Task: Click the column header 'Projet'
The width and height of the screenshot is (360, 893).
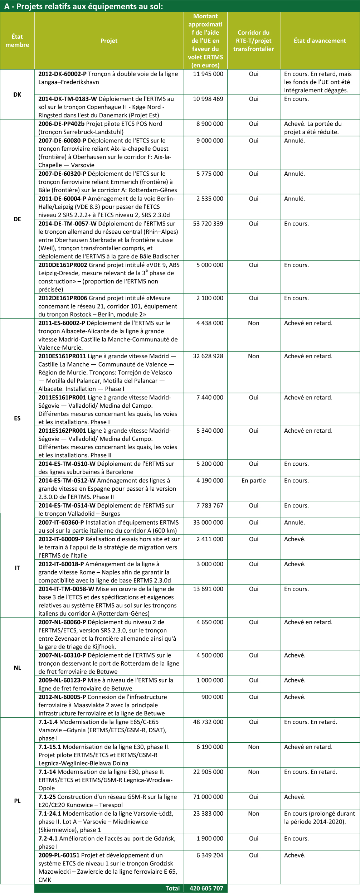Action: [x=109, y=41]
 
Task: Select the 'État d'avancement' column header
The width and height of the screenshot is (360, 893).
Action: [x=320, y=41]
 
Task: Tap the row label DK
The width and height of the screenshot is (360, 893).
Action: [x=17, y=94]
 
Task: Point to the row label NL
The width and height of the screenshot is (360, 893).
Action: [x=17, y=668]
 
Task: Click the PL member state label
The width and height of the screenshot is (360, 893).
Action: [x=17, y=801]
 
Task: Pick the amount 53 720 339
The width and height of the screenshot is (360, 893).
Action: [x=208, y=224]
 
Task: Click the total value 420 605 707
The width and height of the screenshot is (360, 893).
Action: [x=206, y=888]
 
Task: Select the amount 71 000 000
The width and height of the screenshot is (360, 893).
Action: [x=208, y=797]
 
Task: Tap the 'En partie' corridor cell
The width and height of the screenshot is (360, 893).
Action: [x=253, y=480]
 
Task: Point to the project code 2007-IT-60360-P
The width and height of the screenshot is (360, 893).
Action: [x=61, y=522]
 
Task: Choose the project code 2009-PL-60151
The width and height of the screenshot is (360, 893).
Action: [x=59, y=855]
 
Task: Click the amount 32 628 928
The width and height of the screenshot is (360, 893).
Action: [x=208, y=356]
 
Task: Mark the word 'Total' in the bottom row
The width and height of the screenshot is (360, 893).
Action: [x=172, y=888]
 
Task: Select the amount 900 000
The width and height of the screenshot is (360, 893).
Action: [x=212, y=697]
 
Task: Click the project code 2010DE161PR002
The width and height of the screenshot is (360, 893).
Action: [x=63, y=265]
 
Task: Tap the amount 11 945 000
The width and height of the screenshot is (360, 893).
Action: [x=208, y=74]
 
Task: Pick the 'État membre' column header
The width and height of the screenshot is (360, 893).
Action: [x=17, y=41]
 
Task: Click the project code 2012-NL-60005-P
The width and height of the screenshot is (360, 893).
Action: [x=62, y=697]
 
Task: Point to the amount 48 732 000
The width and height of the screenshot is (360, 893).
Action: [x=208, y=722]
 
